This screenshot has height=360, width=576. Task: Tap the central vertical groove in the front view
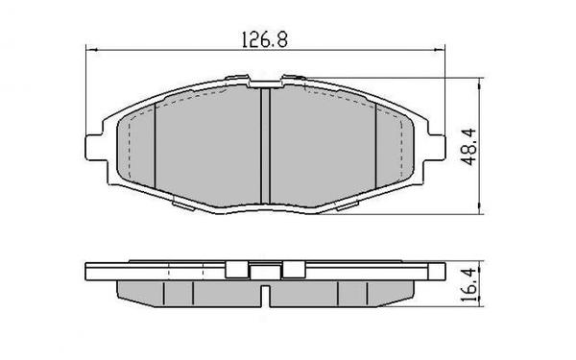coord(265,144)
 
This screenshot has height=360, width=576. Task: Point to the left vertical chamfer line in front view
coord(156,144)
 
